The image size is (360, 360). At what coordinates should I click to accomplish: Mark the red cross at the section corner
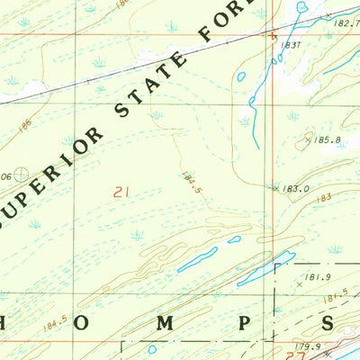274,35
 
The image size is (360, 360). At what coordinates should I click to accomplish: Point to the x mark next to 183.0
275,188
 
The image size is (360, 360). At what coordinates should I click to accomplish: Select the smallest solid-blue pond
234,239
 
